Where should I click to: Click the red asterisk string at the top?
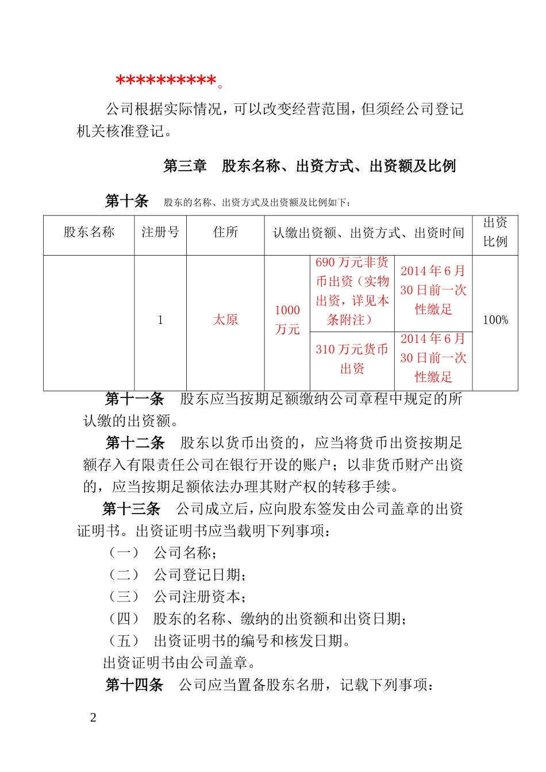(166, 82)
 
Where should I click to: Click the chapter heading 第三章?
(184, 167)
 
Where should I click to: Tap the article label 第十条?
(126, 201)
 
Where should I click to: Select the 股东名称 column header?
(89, 232)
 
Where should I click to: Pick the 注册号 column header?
(160, 232)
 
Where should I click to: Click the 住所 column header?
(225, 232)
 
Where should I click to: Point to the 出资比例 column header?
(495, 232)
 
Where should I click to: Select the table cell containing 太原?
(225, 320)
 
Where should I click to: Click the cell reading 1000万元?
(287, 320)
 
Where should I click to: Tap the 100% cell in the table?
(495, 320)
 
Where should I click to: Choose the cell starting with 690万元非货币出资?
(352, 291)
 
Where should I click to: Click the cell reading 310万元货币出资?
(352, 359)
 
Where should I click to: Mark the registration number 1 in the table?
(160, 320)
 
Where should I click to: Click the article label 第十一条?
(134, 399)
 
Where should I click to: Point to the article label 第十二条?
(134, 443)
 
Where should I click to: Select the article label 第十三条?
(131, 509)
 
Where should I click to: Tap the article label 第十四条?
(134, 685)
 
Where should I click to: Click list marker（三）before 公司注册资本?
(124, 597)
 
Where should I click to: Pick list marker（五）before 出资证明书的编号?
(124, 641)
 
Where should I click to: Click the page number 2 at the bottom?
(93, 717)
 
